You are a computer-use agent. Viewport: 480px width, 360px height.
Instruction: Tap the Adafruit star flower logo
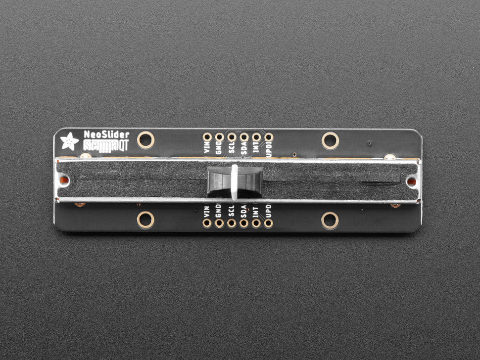(x=69, y=142)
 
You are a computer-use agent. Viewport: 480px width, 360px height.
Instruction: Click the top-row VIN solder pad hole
(x=207, y=137)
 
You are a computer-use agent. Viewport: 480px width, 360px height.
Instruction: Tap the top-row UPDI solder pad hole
(x=268, y=137)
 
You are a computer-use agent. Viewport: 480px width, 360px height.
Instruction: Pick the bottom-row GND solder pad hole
(x=219, y=223)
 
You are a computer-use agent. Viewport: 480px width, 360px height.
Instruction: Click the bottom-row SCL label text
(x=231, y=211)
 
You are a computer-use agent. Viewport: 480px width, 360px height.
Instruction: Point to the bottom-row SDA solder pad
(x=243, y=223)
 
